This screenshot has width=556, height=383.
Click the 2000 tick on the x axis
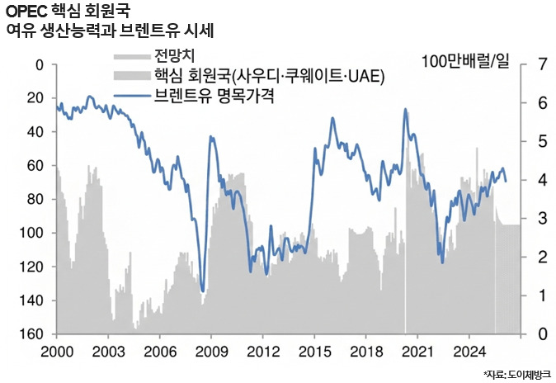pos(57,350)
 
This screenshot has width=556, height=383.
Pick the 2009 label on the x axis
pos(212,350)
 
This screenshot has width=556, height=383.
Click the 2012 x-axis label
pos(263,350)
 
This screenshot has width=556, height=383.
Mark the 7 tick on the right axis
pos(541,65)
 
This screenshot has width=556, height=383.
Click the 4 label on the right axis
pos(541,180)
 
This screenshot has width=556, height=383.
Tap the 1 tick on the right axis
pos(541,296)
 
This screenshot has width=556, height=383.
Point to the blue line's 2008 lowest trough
pos(203,290)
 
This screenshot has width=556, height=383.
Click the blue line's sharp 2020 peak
pos(405,109)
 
